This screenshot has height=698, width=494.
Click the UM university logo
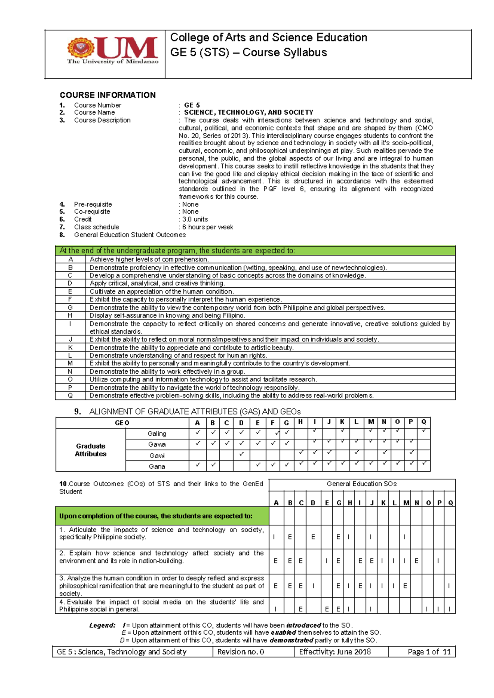[x=112, y=50]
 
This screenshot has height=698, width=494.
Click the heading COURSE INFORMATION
[x=107, y=95]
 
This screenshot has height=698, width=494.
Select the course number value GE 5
[x=192, y=105]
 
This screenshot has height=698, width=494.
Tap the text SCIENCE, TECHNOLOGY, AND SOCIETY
[x=248, y=112]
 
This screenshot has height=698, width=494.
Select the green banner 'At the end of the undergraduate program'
[x=255, y=251]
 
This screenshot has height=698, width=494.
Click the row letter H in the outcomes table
[x=70, y=316]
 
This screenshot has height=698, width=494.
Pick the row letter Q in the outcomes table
[x=70, y=396]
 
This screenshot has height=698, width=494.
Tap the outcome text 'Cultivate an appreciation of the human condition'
[x=162, y=291]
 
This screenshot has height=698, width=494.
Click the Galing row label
[x=157, y=434]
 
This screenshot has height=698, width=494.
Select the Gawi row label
[x=157, y=456]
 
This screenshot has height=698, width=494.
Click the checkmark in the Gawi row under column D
[x=241, y=454]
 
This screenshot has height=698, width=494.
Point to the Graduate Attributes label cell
[x=91, y=450]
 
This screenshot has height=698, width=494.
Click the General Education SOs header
[x=361, y=484]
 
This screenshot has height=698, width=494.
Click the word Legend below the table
[x=102, y=625]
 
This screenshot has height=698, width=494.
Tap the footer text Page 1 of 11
[x=429, y=652]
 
